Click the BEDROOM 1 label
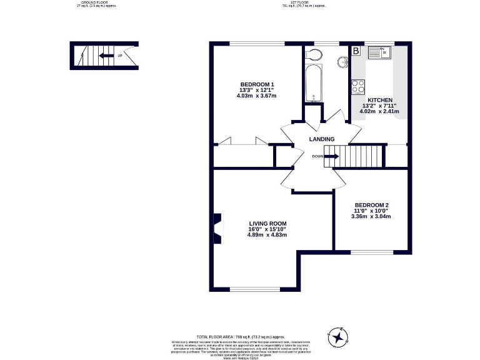[x=257, y=84]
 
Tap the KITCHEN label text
[x=379, y=100]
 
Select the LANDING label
[x=321, y=139]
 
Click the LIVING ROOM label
[x=267, y=224]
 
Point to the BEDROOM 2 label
[x=371, y=206]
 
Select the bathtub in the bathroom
[x=312, y=84]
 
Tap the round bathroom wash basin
[x=342, y=62]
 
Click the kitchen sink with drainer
[x=379, y=52]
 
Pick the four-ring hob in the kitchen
[x=358, y=86]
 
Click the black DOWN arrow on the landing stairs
[x=331, y=156]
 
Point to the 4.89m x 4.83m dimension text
[x=267, y=235]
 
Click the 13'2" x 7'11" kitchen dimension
[x=379, y=106]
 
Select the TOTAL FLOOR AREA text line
[x=240, y=337]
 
